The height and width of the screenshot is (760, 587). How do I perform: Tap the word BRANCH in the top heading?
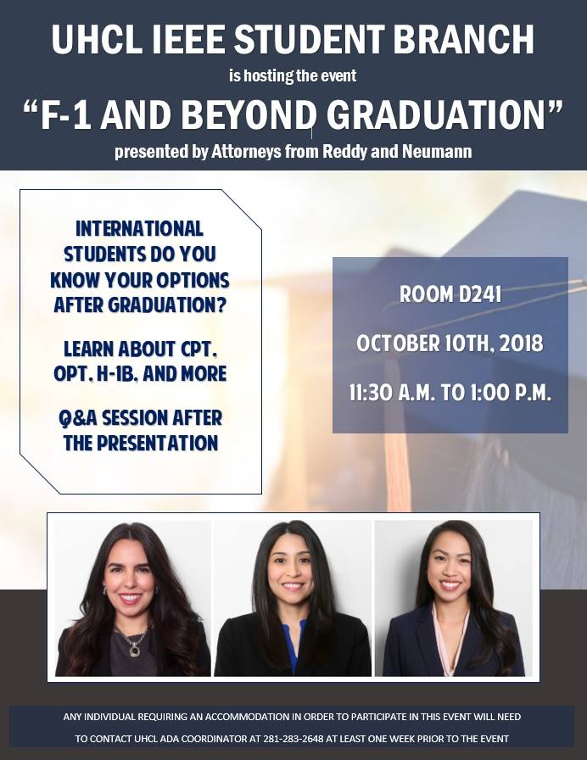[463, 39]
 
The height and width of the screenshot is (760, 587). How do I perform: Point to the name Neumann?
[437, 151]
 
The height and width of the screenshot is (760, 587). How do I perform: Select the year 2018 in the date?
[521, 344]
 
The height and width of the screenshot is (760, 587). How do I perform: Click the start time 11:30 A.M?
[392, 393]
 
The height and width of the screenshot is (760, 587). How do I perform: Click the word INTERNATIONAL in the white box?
[139, 229]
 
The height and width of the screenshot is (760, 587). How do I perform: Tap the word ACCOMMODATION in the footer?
[247, 717]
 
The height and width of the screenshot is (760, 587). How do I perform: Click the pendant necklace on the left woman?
[132, 643]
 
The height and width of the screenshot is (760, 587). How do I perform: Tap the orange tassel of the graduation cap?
[394, 436]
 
